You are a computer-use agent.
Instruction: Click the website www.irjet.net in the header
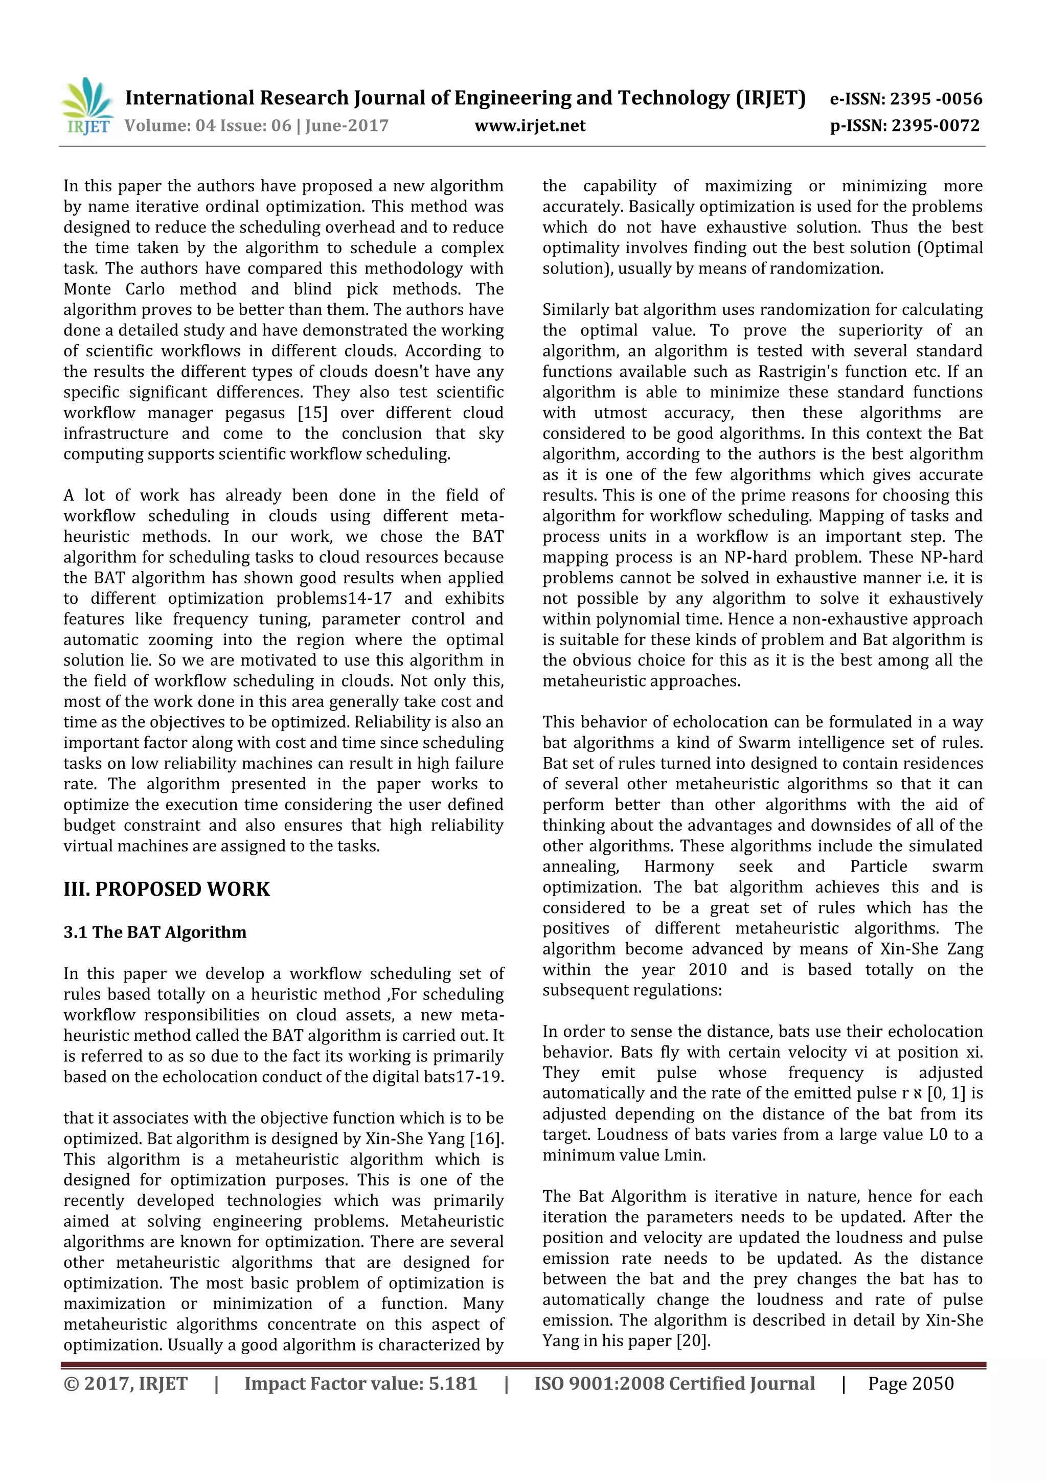tap(530, 126)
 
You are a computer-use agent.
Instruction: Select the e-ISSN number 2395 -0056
tap(936, 99)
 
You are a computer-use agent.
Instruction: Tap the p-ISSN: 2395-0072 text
tap(904, 126)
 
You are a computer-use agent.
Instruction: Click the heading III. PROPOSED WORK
tap(167, 889)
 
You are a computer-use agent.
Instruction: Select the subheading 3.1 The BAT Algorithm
tap(155, 932)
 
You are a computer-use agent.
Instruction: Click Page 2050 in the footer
tap(910, 1383)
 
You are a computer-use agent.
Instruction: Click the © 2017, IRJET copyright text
tap(125, 1383)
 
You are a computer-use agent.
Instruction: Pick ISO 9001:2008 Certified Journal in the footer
tap(674, 1383)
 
